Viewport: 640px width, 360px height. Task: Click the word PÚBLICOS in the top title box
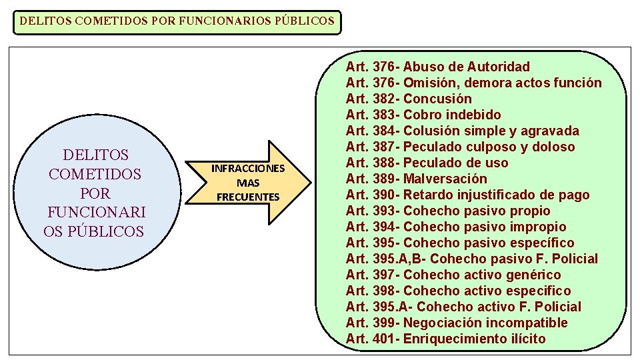(x=303, y=21)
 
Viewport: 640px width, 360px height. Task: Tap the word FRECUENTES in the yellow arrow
(x=248, y=197)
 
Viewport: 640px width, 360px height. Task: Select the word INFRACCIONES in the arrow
(x=248, y=168)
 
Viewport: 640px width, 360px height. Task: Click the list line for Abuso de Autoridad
(x=438, y=67)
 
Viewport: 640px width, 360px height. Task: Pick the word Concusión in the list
(x=437, y=99)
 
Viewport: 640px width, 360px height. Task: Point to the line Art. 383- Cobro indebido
(x=423, y=115)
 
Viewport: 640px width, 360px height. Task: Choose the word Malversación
(x=445, y=179)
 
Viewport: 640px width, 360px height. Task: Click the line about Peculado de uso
(x=427, y=163)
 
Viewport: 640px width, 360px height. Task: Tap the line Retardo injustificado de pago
(x=467, y=195)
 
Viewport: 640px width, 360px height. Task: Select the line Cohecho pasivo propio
(x=448, y=211)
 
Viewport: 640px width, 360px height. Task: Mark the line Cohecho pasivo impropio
(x=456, y=227)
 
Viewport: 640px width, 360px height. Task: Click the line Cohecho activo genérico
(x=453, y=275)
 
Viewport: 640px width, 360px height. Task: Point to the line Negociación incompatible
(x=457, y=323)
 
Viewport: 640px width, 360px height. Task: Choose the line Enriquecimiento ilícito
(x=445, y=339)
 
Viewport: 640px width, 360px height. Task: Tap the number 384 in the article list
(x=384, y=131)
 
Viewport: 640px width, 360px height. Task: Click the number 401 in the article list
(x=384, y=339)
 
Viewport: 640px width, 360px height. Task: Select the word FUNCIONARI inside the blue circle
(x=97, y=213)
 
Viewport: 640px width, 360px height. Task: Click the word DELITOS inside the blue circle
(x=95, y=155)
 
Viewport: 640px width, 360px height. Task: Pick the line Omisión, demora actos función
(x=473, y=83)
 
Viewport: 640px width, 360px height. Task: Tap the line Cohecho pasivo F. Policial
(x=472, y=259)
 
